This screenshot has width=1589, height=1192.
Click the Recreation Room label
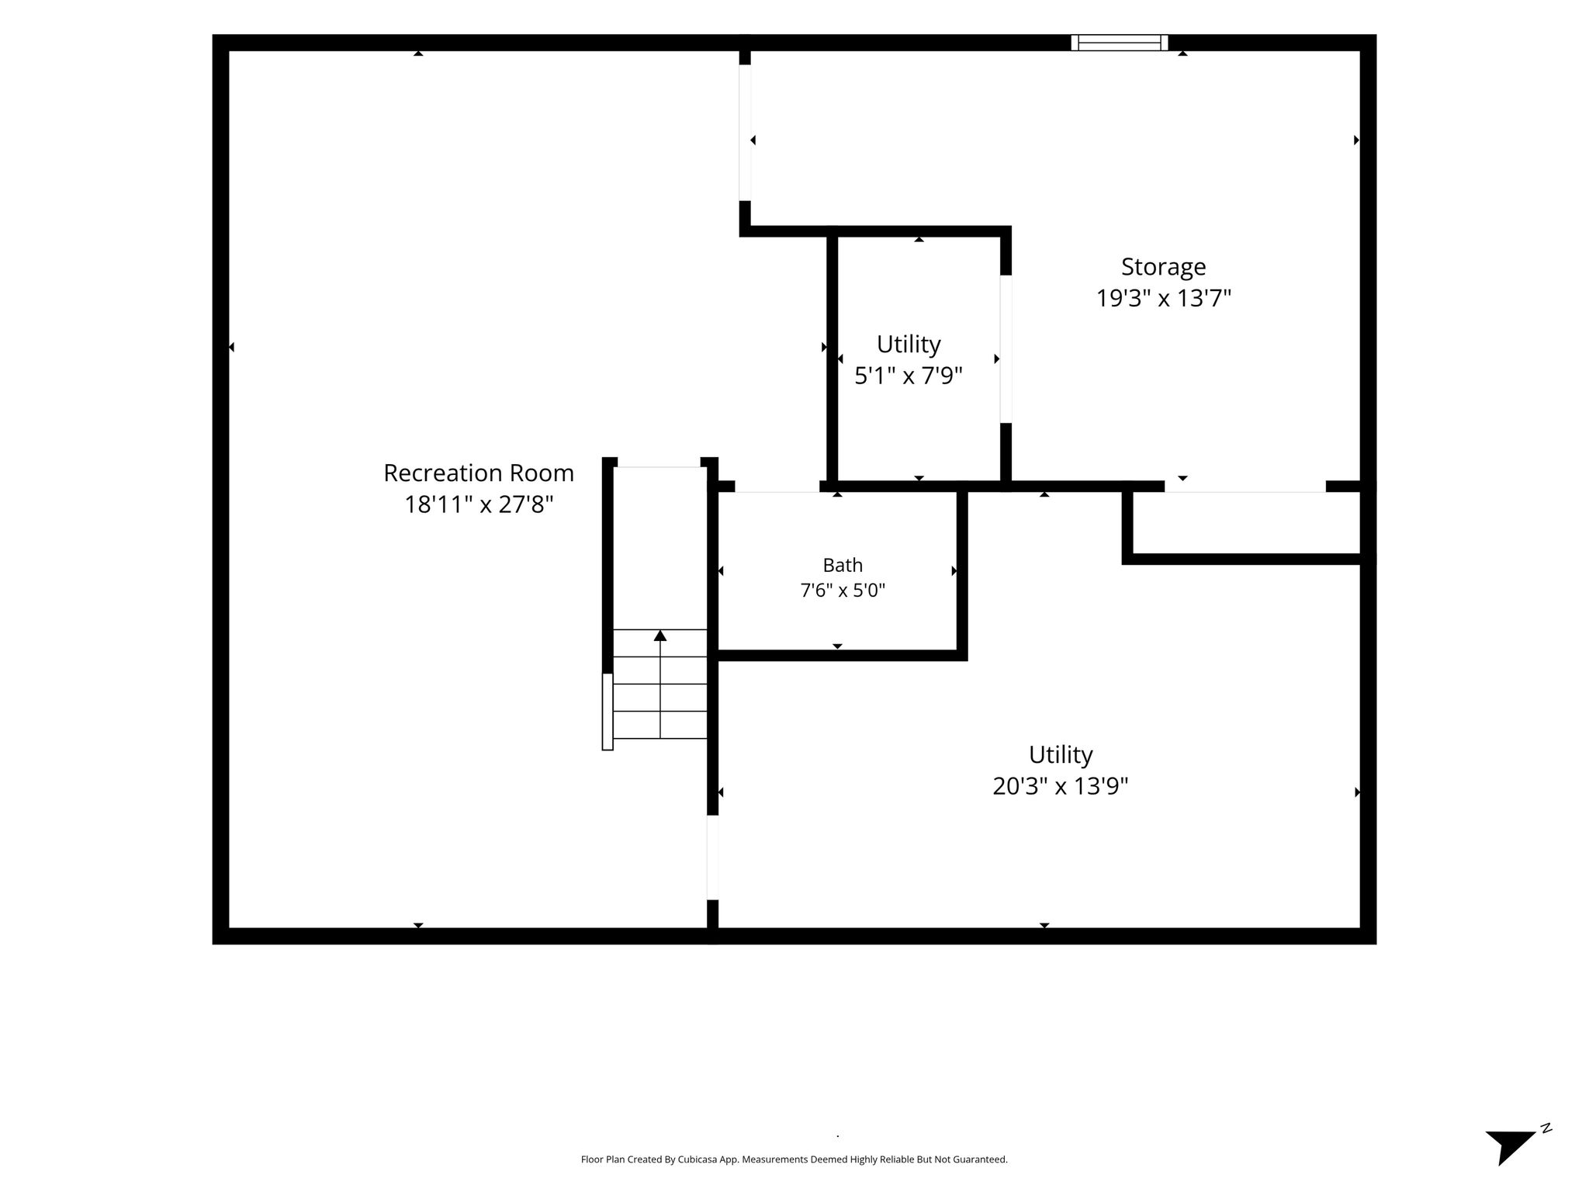pyautogui.click(x=479, y=473)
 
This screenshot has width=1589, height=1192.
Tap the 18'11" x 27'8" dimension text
pyautogui.click(x=479, y=504)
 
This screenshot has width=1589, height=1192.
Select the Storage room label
pyautogui.click(x=1163, y=267)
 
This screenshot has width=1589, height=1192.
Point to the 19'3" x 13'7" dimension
pyautogui.click(x=1163, y=298)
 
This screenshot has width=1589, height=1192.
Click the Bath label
pyautogui.click(x=843, y=565)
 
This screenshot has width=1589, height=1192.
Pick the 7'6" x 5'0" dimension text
pyautogui.click(x=843, y=591)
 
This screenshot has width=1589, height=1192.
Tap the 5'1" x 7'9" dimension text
pyautogui.click(x=909, y=376)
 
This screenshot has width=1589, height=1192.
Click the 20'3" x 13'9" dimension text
pyautogui.click(x=1061, y=786)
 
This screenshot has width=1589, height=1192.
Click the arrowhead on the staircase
pyautogui.click(x=660, y=636)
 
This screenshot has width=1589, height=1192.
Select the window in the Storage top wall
pyautogui.click(x=1120, y=43)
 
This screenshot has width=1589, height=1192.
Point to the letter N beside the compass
pyautogui.click(x=1546, y=1128)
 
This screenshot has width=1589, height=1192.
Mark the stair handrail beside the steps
pyautogui.click(x=608, y=712)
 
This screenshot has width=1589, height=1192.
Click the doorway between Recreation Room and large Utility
pyautogui.click(x=712, y=858)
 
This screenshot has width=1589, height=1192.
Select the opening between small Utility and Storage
pyautogui.click(x=1006, y=349)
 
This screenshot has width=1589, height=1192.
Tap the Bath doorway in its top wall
pyautogui.click(x=777, y=487)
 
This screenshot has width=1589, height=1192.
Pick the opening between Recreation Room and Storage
pyautogui.click(x=745, y=133)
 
